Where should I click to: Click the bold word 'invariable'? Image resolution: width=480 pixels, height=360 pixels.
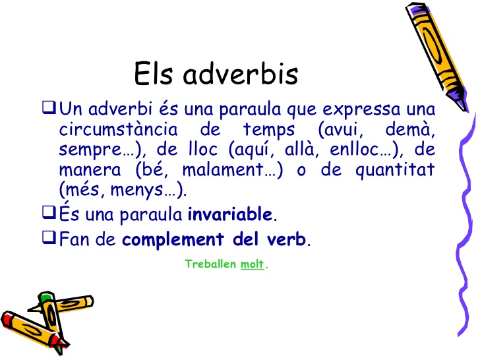coord(230,214)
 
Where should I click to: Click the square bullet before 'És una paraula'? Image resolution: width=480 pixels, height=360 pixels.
coord(50,213)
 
